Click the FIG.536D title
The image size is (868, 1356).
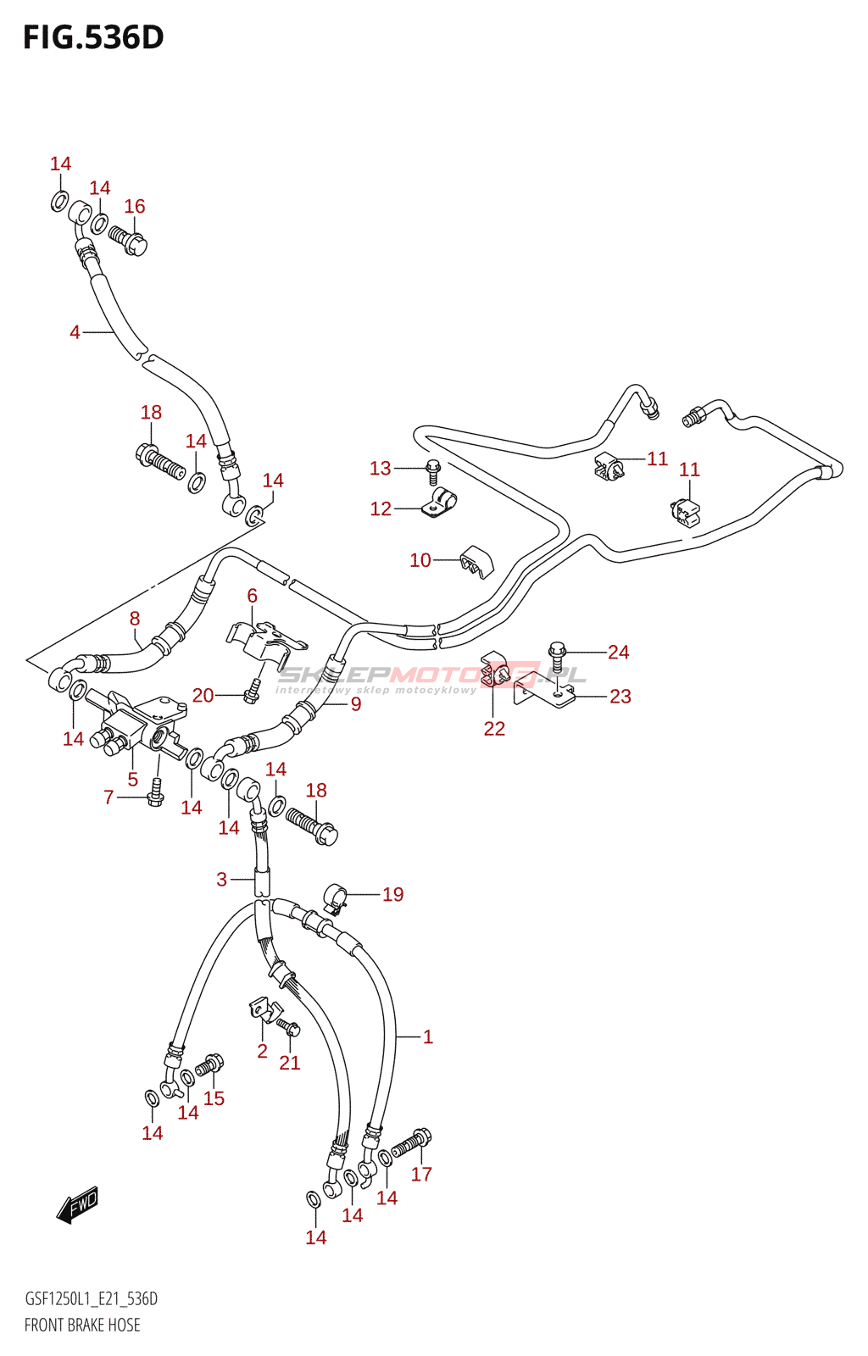click(93, 38)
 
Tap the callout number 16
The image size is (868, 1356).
click(135, 206)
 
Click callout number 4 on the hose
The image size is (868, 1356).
click(75, 332)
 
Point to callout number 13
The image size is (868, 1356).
click(380, 468)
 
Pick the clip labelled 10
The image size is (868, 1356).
click(476, 561)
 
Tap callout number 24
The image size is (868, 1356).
click(618, 652)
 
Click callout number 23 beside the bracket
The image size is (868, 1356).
click(620, 696)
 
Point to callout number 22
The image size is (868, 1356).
click(494, 728)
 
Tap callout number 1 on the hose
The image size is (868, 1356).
click(428, 1036)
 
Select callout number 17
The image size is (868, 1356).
click(421, 1174)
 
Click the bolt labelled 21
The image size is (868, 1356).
click(289, 1028)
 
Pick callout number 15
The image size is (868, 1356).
click(214, 1098)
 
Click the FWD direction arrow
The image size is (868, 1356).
click(78, 1204)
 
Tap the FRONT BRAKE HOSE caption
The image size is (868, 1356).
click(82, 1325)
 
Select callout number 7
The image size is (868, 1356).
click(108, 797)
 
